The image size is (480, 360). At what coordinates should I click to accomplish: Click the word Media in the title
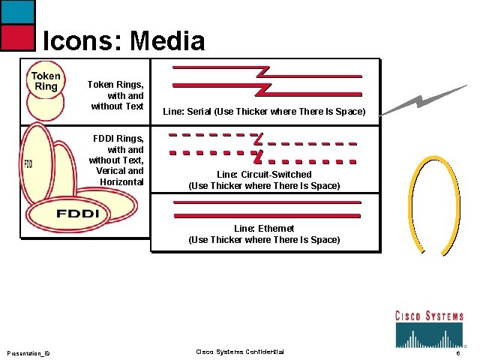pyautogui.click(x=167, y=40)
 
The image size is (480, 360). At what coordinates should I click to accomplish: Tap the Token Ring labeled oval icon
pyautogui.click(x=46, y=82)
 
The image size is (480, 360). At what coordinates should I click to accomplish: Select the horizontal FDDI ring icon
pyautogui.click(x=77, y=214)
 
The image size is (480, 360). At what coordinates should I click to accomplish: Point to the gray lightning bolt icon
pyautogui.click(x=424, y=101)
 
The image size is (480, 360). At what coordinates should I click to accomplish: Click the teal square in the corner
pyautogui.click(x=17, y=11)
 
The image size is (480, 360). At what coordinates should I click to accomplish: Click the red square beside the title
pyautogui.click(x=17, y=37)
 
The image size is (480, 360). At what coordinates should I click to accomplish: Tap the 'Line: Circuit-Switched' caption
pyautogui.click(x=264, y=180)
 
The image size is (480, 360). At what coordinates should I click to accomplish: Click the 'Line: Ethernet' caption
pyautogui.click(x=264, y=234)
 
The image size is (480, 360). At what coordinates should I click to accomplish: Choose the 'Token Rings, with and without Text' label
pyautogui.click(x=115, y=95)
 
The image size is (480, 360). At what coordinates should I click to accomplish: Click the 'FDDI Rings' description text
pyautogui.click(x=115, y=160)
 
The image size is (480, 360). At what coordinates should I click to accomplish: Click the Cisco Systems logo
pyautogui.click(x=430, y=328)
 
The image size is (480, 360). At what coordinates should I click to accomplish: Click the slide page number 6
pyautogui.click(x=457, y=353)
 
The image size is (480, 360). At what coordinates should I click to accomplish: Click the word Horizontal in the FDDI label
pyautogui.click(x=121, y=181)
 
